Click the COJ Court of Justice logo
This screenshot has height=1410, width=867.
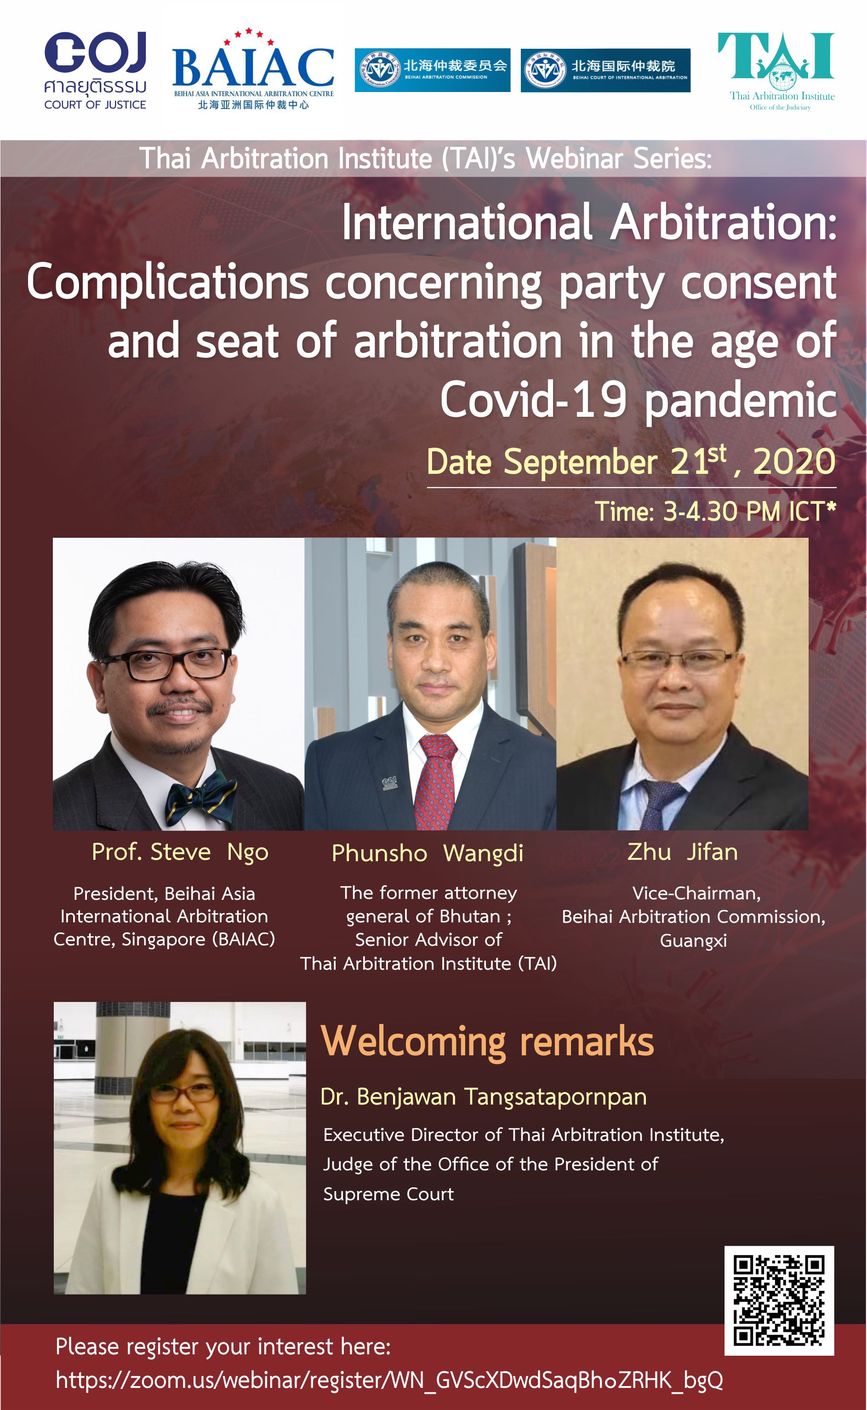coord(95,70)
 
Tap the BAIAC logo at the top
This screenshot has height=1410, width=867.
coord(253,69)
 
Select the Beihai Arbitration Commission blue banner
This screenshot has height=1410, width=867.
coord(433,70)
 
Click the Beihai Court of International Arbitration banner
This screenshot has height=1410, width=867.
coord(605,70)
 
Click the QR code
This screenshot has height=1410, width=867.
coord(779,1301)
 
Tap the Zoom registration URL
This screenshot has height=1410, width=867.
coord(389,1380)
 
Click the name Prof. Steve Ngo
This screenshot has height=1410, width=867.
coord(180,852)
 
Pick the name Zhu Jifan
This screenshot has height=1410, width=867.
coord(682,852)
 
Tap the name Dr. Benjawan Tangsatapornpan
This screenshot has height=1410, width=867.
coord(484,1096)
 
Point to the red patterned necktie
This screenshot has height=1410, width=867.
coord(436,780)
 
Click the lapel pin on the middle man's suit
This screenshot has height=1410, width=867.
coord(389,783)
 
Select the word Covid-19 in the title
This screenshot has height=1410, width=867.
coord(533,400)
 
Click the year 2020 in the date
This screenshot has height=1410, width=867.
coord(794,462)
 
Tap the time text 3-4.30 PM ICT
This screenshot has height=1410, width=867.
coord(744,511)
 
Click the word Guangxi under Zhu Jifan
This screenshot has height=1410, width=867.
coord(693,941)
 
